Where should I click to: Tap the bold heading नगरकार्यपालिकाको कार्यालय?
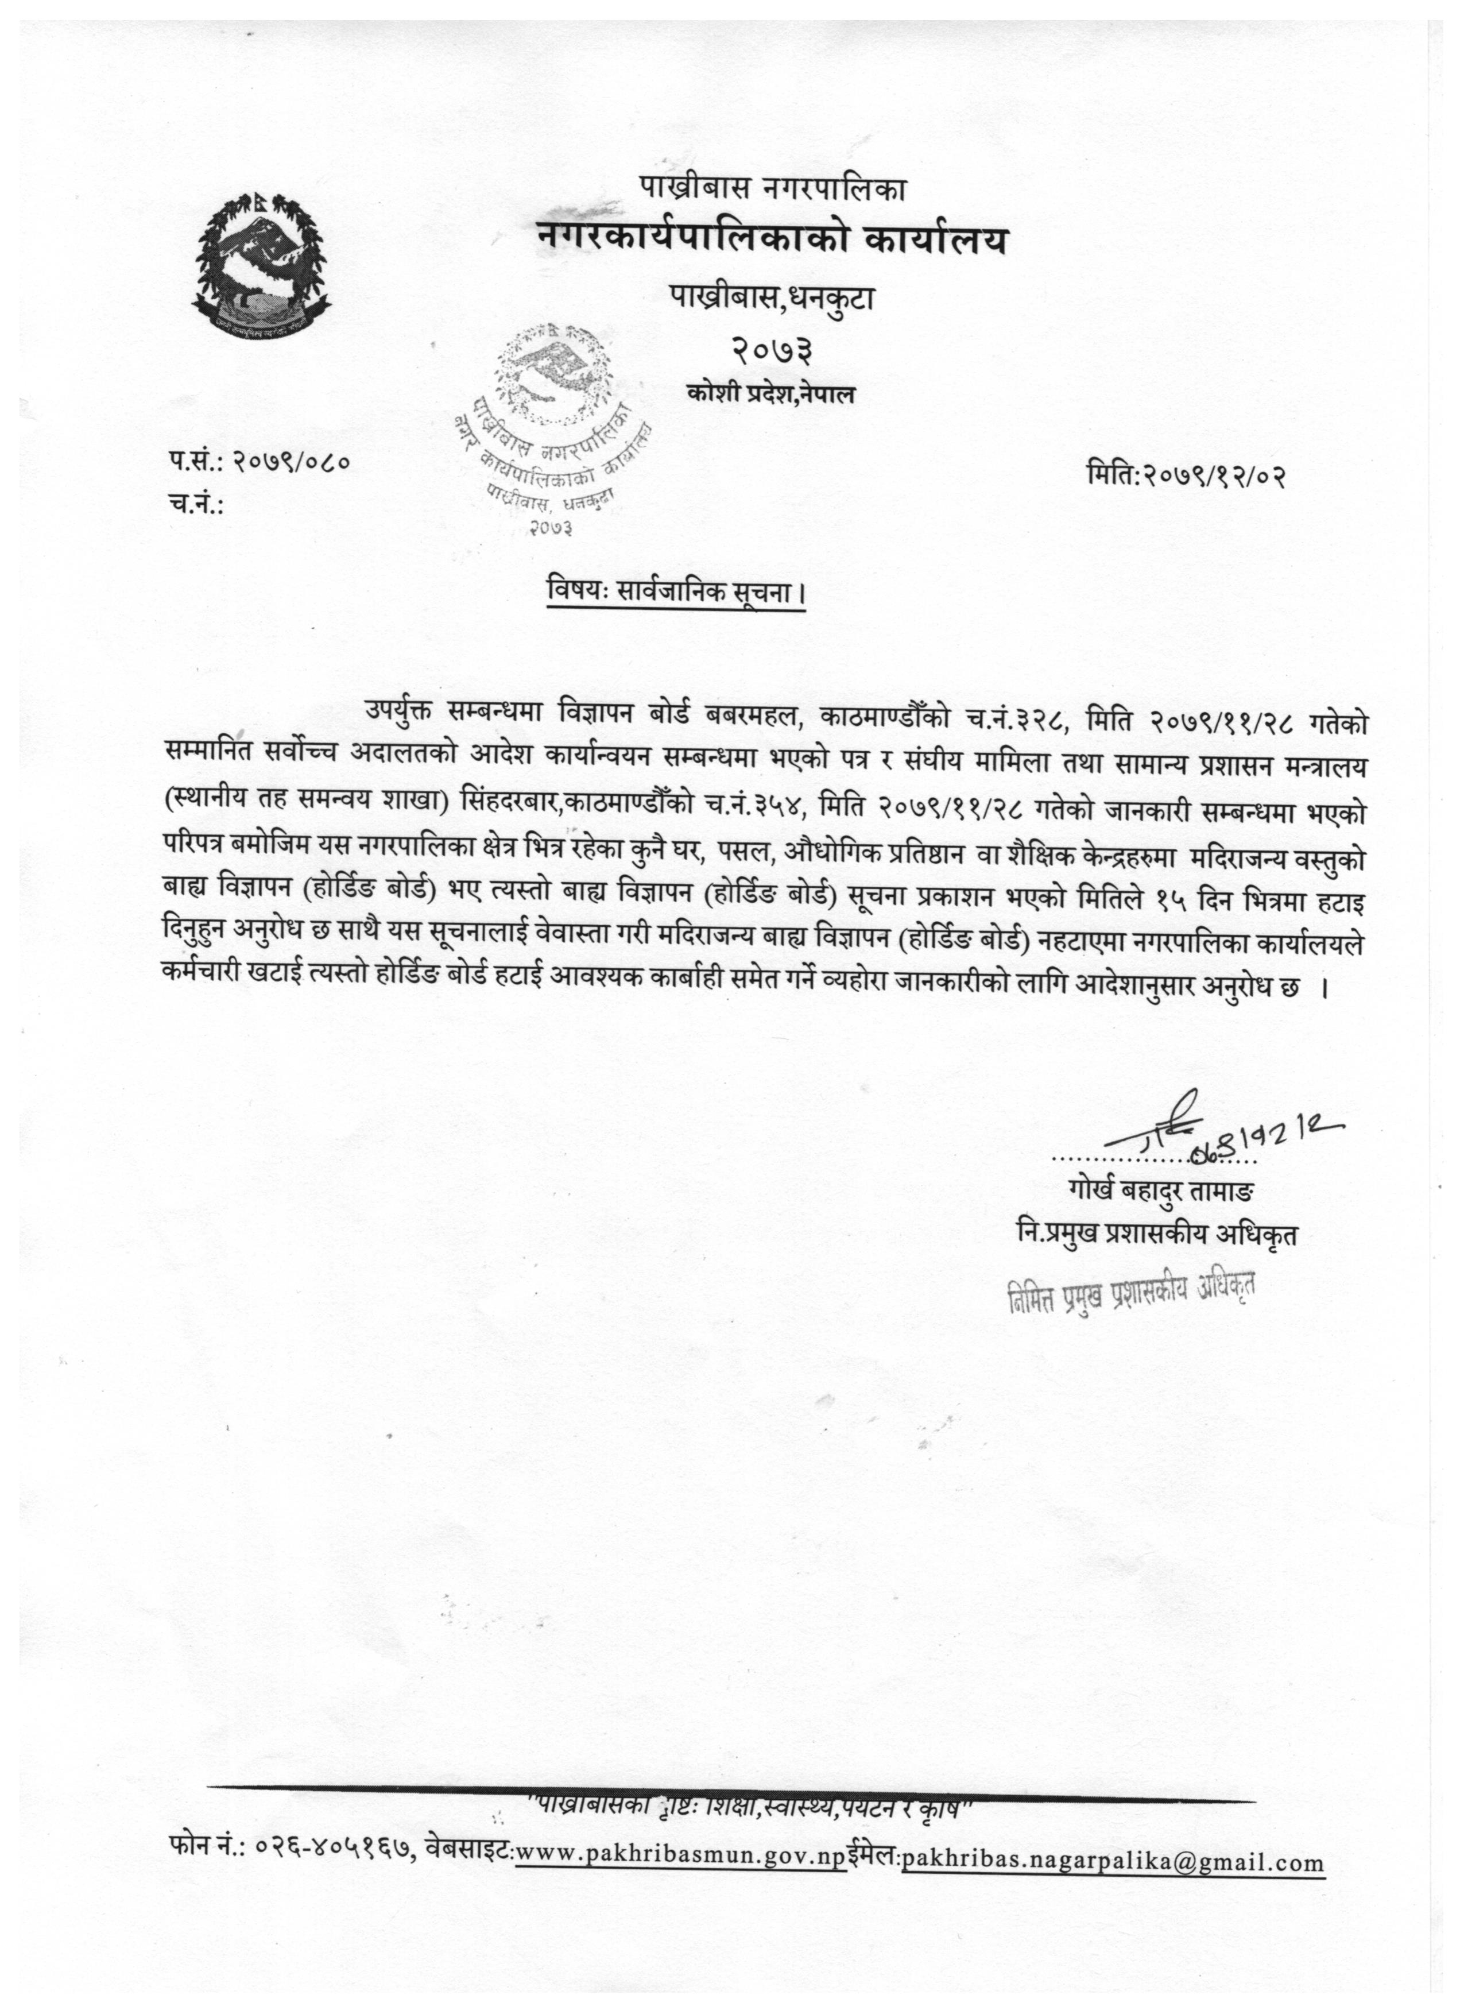coord(772,240)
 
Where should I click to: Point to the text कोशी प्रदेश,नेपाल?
coord(770,393)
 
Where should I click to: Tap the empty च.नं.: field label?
coord(195,504)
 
